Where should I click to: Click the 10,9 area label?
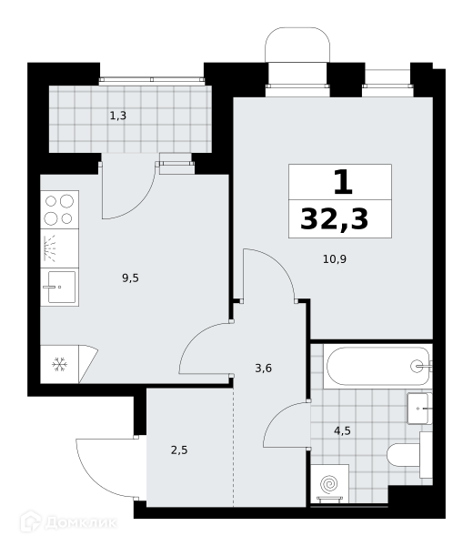335,259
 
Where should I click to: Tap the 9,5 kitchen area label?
130,278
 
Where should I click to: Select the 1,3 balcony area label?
118,116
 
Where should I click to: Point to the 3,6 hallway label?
264,368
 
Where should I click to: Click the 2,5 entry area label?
179,450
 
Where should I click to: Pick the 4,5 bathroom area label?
343,431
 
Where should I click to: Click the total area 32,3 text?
334,219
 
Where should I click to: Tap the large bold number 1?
343,182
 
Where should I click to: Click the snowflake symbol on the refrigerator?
59,365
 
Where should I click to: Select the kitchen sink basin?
62,288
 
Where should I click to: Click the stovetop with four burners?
59,209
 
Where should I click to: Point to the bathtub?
377,366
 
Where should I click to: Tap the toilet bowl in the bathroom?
404,455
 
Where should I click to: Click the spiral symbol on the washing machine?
329,484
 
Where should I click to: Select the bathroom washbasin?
419,409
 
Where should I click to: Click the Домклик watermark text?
81,523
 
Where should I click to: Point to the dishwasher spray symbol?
50,248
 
